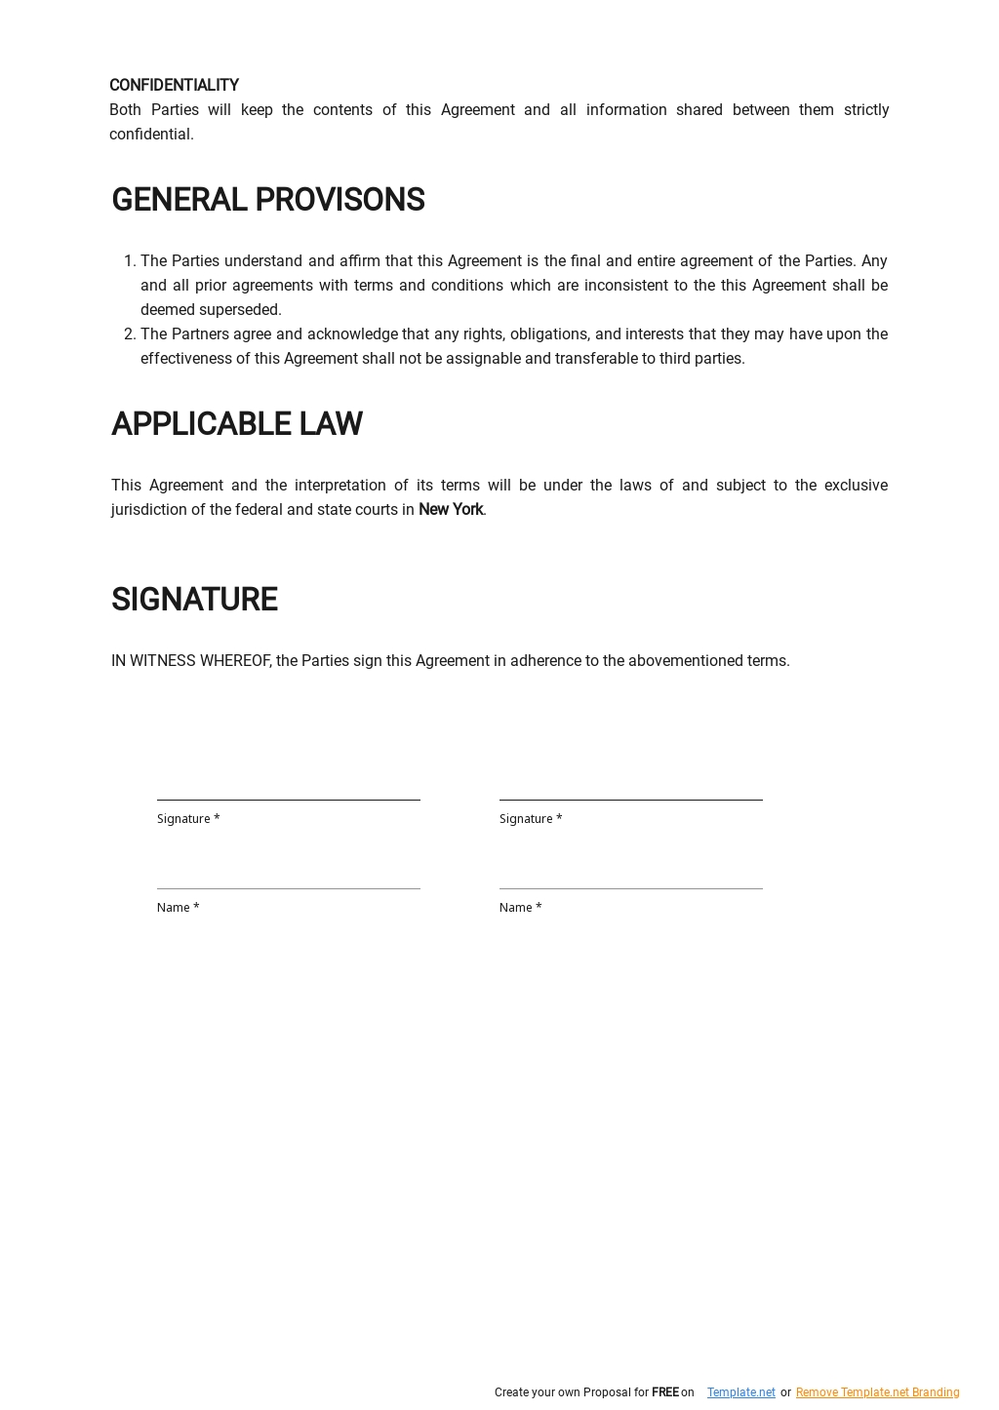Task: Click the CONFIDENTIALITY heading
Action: click(x=174, y=86)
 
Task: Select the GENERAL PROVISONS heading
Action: click(x=267, y=200)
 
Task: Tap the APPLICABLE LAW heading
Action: click(x=236, y=424)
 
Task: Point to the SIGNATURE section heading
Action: click(x=194, y=600)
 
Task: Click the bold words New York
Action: click(x=450, y=510)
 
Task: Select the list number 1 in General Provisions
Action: click(x=129, y=261)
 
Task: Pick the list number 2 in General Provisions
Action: click(x=129, y=334)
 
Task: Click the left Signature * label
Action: click(x=188, y=819)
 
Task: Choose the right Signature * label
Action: click(x=531, y=819)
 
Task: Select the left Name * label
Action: click(x=178, y=908)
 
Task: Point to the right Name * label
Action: click(x=520, y=908)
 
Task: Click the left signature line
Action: click(x=288, y=799)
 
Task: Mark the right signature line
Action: click(x=630, y=799)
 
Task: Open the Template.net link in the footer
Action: click(x=740, y=1392)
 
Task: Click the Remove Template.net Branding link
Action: click(x=877, y=1392)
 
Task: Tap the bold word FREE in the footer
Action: click(x=664, y=1392)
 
